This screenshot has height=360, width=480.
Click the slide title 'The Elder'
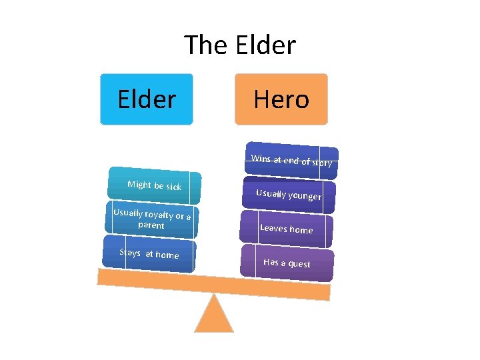coord(240,45)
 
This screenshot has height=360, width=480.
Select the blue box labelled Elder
coord(147,99)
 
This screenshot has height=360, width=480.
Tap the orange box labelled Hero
coord(281,99)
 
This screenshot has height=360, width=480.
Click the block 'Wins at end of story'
coord(292,161)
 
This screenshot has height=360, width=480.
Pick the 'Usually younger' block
coord(289,195)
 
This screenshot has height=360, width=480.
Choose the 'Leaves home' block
coord(286,229)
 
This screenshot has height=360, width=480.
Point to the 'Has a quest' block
coord(287,263)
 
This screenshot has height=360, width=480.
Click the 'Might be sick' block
coord(154,185)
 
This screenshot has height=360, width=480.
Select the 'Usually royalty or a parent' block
coord(151,219)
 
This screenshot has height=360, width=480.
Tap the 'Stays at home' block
coord(149,254)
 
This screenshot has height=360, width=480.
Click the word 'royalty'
coord(158,215)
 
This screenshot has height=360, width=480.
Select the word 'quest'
coord(299,264)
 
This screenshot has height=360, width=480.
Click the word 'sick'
coord(173,187)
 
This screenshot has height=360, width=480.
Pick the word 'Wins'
coord(260,158)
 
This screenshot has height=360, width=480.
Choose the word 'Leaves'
coord(273,228)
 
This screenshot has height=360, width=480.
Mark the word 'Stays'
coord(130,252)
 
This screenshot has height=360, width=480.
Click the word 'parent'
coord(151,225)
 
